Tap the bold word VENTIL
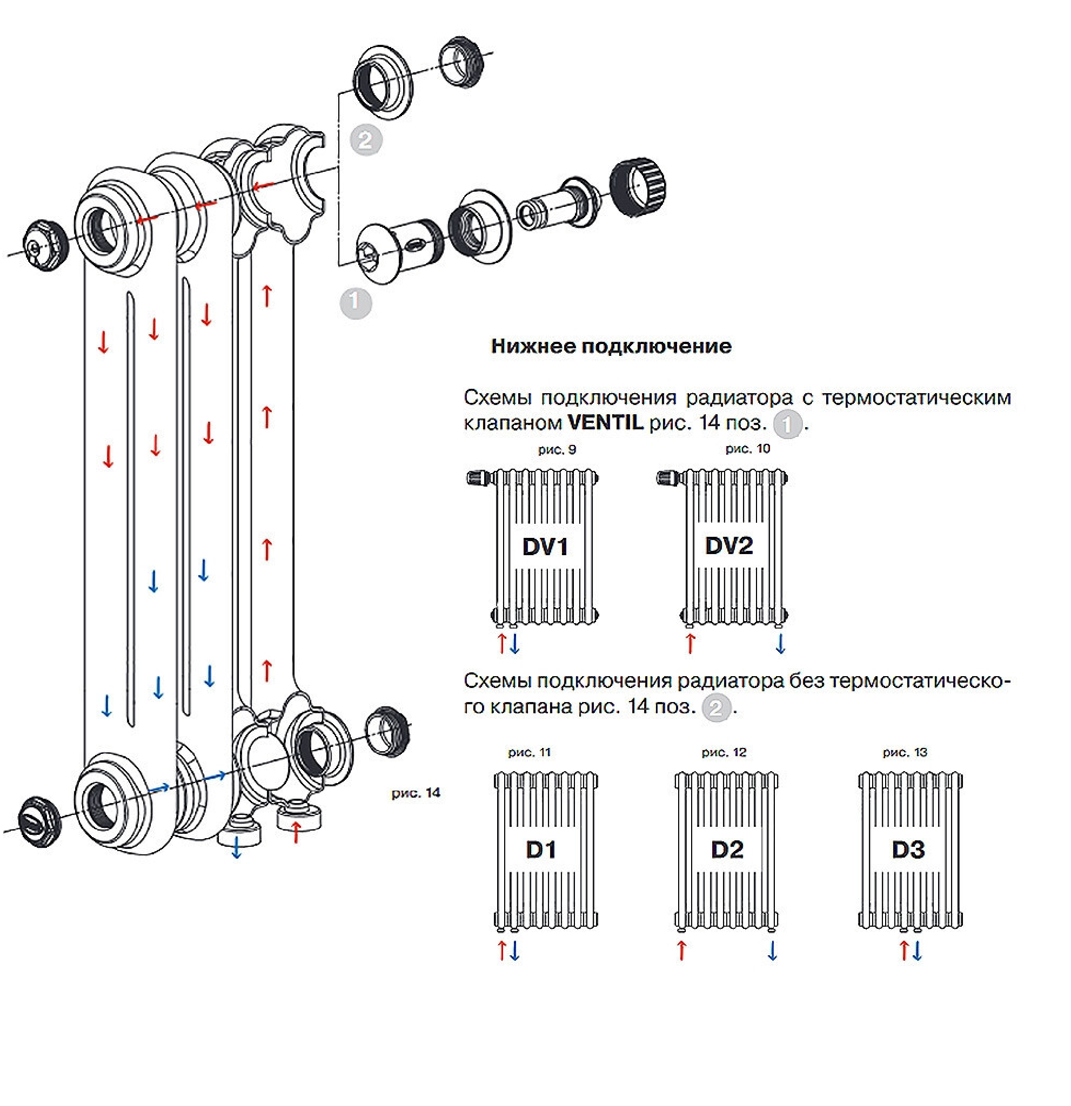point(605,422)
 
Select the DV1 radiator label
point(545,546)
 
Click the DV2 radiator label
point(729,545)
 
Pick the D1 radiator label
point(541,849)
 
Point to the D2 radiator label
point(727,849)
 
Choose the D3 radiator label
point(908,849)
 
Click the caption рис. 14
point(416,793)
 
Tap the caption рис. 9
point(557,450)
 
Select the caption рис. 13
point(905,752)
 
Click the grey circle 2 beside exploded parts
point(365,140)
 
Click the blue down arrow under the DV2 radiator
point(780,643)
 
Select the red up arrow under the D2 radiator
point(682,950)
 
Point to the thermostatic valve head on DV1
point(478,478)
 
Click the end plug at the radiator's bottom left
point(38,821)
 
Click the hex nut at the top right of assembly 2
point(461,62)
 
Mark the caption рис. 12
point(724,752)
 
